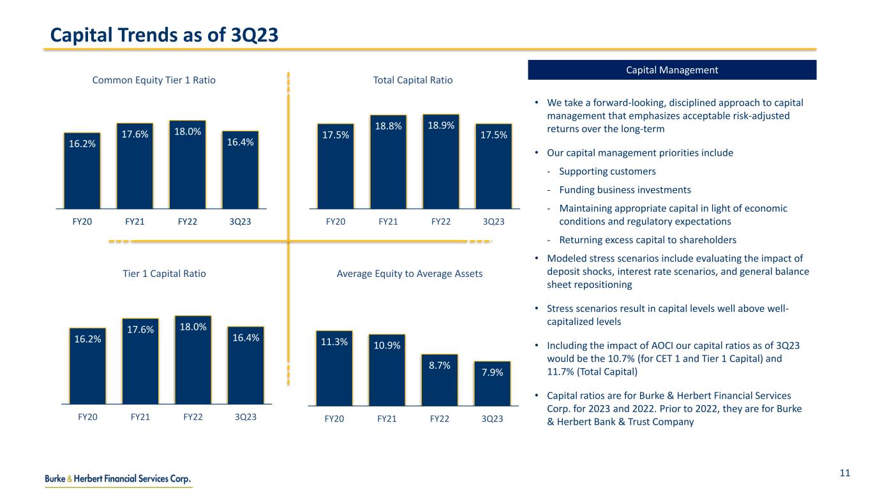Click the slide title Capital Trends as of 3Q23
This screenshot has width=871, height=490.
point(165,34)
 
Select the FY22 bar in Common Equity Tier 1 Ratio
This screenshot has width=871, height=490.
point(187,165)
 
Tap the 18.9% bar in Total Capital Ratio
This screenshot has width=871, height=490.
point(441,162)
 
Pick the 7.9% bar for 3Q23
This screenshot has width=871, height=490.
point(492,384)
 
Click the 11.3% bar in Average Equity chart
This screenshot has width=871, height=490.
point(334,368)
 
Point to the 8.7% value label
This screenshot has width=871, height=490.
point(440,366)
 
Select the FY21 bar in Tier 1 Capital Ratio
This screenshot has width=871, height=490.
point(140,361)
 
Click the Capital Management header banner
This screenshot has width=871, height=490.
point(672,70)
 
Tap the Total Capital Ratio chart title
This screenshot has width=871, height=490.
point(413,80)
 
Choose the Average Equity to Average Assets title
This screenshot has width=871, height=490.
point(409,274)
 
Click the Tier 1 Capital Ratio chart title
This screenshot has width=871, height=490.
point(164,274)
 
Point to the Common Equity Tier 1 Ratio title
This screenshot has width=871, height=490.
point(154,80)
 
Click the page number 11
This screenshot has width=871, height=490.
point(845,473)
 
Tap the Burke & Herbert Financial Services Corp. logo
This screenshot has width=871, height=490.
point(118,479)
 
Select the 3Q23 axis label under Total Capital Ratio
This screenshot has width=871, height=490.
point(493,222)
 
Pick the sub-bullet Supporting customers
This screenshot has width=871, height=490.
point(607,172)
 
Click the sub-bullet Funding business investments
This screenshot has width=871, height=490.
point(625,189)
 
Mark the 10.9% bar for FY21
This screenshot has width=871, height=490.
point(387,370)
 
